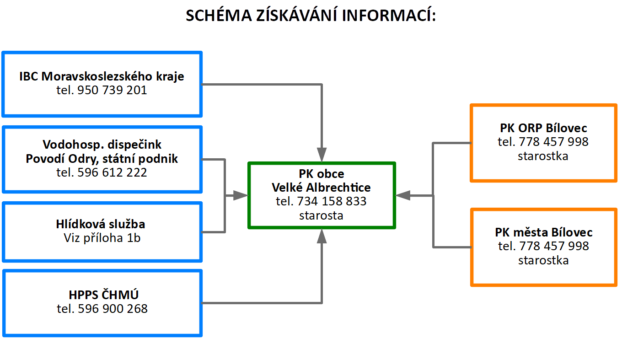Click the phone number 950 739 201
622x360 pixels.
point(112,90)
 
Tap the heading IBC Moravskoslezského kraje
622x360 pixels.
point(102,76)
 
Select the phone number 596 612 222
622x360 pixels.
point(112,172)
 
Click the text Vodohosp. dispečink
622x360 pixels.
point(102,145)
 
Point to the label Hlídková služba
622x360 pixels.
point(101,224)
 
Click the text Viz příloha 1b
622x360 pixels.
point(102,238)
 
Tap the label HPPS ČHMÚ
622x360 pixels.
point(103,295)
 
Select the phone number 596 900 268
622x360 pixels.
point(113,309)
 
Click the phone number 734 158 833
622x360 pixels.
point(332,201)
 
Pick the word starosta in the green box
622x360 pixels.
point(321,215)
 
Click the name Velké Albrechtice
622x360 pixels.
point(321,188)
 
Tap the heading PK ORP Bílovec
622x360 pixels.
point(543,128)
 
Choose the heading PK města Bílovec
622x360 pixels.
point(543,232)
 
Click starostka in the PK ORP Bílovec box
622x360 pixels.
point(543,156)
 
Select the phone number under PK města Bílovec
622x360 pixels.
point(554,246)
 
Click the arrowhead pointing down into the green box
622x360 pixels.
point(322,155)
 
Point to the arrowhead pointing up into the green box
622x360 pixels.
point(322,236)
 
